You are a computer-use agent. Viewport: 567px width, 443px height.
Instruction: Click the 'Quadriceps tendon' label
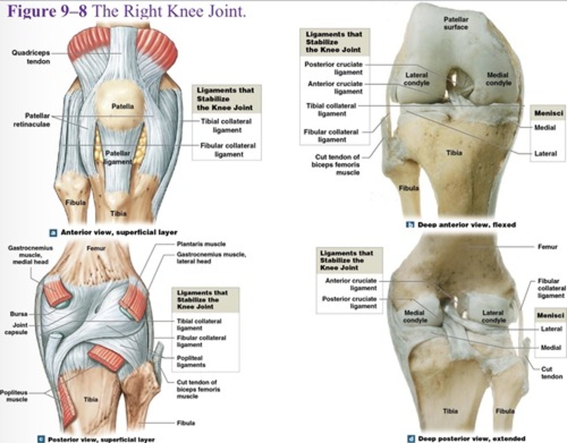[31, 57]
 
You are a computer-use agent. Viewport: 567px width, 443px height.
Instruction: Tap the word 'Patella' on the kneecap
[122, 106]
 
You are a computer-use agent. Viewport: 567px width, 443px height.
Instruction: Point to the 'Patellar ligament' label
[118, 157]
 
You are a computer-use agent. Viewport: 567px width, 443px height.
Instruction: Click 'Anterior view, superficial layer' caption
[119, 232]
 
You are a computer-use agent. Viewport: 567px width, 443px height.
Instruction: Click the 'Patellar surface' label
[456, 23]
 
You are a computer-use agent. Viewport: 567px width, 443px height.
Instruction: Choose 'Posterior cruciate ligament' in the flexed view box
[334, 68]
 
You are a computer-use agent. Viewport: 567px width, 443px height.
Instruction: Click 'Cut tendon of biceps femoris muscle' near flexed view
[337, 164]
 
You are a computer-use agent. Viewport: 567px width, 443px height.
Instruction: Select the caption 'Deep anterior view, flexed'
[467, 225]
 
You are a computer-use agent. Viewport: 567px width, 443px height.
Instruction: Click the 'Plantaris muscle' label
[201, 244]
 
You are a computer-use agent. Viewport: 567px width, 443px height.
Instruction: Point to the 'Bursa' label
[19, 314]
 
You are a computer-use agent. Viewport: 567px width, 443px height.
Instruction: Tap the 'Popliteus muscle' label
[14, 396]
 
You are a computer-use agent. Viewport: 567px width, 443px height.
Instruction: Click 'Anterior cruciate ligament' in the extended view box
[351, 284]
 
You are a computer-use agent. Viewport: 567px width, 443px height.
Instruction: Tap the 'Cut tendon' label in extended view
[551, 373]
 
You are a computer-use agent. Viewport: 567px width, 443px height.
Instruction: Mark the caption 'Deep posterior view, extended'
[471, 438]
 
